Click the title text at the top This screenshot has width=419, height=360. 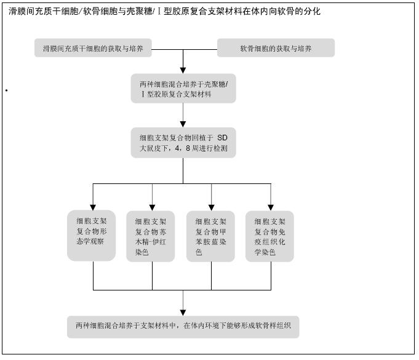coord(164,11)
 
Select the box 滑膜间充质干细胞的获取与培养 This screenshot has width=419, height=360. coord(93,48)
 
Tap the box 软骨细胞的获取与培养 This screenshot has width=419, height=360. coord(276,48)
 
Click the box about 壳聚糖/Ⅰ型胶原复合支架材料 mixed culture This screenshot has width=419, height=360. coord(183,89)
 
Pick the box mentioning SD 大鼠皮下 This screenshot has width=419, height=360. coord(183,143)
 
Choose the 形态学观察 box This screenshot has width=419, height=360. coord(92,236)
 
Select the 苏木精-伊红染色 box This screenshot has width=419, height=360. coord(151,236)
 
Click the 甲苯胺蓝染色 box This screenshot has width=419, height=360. coord(210,236)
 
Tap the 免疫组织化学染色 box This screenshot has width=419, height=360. coord(269,236)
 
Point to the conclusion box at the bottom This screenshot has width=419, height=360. coord(183,327)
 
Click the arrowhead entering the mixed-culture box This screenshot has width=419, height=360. coord(183,70)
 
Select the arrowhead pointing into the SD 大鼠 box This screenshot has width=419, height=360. coord(183,124)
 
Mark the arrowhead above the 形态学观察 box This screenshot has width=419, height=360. coord(93,207)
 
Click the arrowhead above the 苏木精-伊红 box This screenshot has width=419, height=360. coord(153,207)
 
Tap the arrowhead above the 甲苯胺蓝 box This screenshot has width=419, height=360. coord(212,207)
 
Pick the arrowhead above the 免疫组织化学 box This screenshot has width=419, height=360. coord(271,207)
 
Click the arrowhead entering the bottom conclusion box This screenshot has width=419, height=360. coord(183,313)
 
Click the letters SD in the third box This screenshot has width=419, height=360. coord(222,138)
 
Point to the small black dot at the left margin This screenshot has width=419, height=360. coord(6,90)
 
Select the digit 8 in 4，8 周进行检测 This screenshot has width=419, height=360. coord(188,148)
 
